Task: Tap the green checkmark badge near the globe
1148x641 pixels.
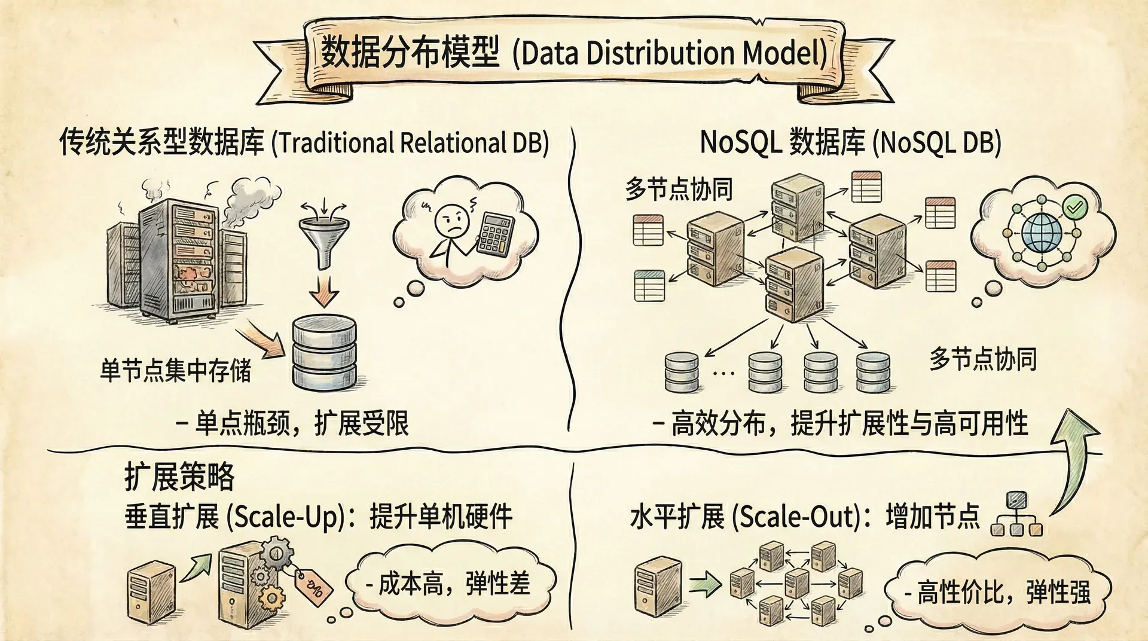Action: tap(1074, 207)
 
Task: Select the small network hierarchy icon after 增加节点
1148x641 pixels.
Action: tap(1016, 515)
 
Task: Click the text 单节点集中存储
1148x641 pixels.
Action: tap(176, 371)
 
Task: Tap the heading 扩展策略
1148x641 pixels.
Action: tap(179, 477)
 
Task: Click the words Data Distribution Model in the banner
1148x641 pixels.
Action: tap(670, 53)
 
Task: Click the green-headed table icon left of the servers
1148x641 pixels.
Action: tap(649, 286)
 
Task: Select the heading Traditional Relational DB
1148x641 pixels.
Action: tap(410, 143)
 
